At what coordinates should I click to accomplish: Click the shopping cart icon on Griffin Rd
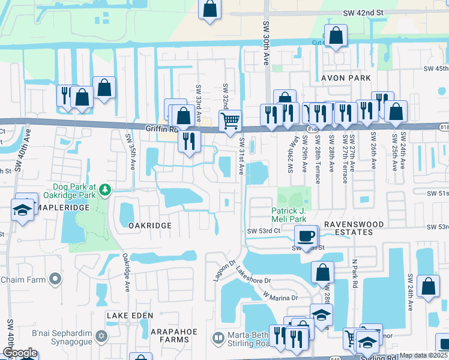[x=230, y=120]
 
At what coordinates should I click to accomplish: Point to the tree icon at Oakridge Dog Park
[x=106, y=190]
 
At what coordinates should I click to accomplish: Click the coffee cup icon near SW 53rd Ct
[x=306, y=236]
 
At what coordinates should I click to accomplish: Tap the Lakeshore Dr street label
[x=254, y=275]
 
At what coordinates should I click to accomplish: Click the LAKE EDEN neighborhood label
[x=130, y=315]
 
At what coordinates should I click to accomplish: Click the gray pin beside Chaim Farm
[x=55, y=280]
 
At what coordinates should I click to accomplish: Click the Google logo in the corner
[x=20, y=353]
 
